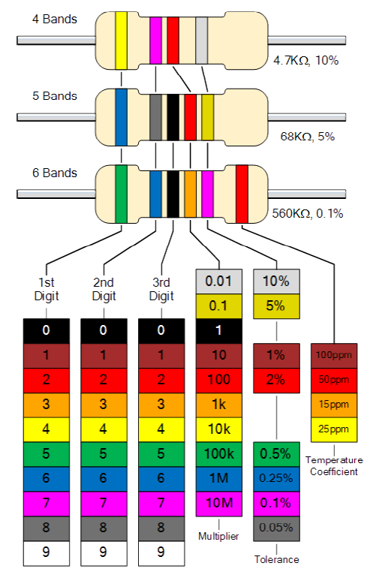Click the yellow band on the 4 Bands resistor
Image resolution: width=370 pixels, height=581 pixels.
point(121,41)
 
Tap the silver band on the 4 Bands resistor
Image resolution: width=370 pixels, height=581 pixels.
point(201,41)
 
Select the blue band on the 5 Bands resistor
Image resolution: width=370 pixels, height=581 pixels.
point(121,117)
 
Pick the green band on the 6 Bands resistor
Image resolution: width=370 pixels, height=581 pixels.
point(121,194)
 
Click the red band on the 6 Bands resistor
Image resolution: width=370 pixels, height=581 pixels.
point(242,194)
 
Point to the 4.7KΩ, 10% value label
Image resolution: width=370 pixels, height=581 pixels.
point(306,60)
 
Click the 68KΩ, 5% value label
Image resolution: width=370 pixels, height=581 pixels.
point(308,137)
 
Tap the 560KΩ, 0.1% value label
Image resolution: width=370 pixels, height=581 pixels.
point(308,213)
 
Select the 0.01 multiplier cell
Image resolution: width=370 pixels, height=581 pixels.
point(219,281)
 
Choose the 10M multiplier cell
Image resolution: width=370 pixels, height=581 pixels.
point(219,504)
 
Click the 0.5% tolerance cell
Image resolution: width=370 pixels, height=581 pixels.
point(276,454)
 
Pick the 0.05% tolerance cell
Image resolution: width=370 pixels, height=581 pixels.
point(276,528)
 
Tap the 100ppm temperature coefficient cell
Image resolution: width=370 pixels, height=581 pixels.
point(334,356)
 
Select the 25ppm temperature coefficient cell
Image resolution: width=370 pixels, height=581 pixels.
point(334,430)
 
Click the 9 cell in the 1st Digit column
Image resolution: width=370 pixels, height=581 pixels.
point(47,553)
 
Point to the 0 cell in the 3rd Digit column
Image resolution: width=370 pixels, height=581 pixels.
point(161,331)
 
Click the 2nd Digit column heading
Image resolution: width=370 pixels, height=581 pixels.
point(104,290)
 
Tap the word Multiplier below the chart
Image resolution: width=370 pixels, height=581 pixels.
point(218,536)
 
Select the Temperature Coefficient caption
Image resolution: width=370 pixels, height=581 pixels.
point(334,465)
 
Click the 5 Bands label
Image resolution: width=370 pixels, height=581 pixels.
point(55,96)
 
